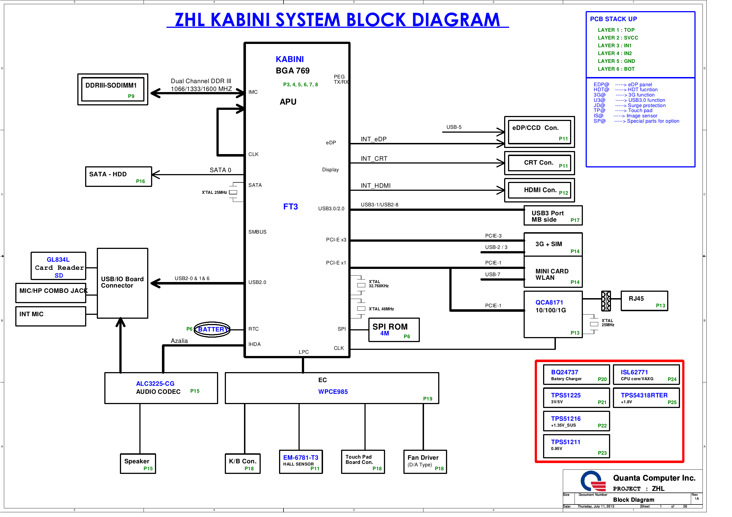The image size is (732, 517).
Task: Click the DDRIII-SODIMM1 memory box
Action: tap(113, 90)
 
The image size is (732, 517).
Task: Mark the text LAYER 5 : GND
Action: tap(616, 61)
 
